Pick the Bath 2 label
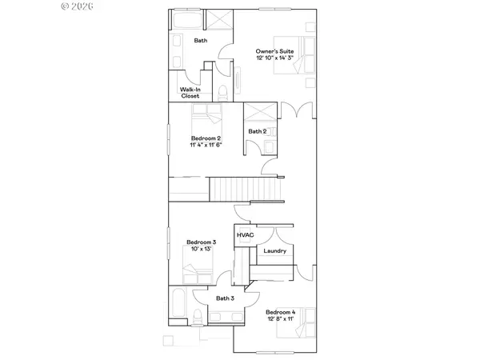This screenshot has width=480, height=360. (257, 131)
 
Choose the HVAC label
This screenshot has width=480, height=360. (244, 235)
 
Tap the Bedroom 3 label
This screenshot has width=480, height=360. (201, 242)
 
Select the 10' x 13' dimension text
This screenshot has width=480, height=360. (201, 250)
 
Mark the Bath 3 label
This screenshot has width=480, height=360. (225, 298)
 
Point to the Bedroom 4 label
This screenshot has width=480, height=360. (280, 311)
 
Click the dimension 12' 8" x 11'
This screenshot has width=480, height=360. (280, 319)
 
